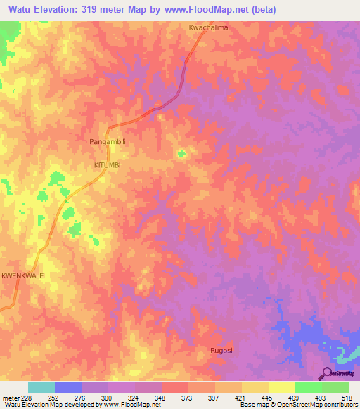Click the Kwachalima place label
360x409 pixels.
click(209, 27)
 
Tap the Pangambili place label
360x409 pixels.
click(108, 141)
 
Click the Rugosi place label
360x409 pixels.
click(221, 350)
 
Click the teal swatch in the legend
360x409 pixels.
click(41, 387)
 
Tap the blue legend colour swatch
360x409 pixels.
click(67, 387)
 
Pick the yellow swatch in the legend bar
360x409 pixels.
click(281, 387)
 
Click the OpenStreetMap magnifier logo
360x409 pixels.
click(328, 373)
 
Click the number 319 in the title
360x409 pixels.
click(98, 10)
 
